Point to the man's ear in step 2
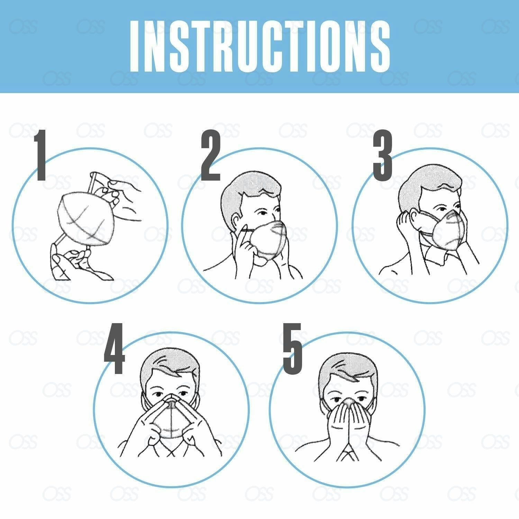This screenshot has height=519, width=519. (236, 221)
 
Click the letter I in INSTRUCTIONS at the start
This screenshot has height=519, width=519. (134, 46)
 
